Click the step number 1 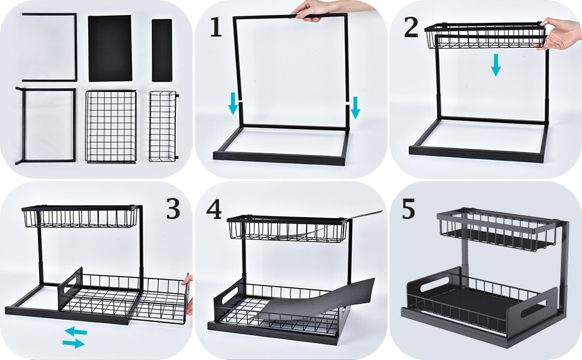tap(216, 28)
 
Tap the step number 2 tap(410, 28)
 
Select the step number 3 tap(173, 208)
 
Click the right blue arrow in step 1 tap(355, 107)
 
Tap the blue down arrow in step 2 tap(496, 64)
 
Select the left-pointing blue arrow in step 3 tap(76, 331)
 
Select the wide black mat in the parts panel tap(110, 48)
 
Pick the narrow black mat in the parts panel tap(162, 50)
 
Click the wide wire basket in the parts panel tap(111, 126)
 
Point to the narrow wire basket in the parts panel tap(163, 126)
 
